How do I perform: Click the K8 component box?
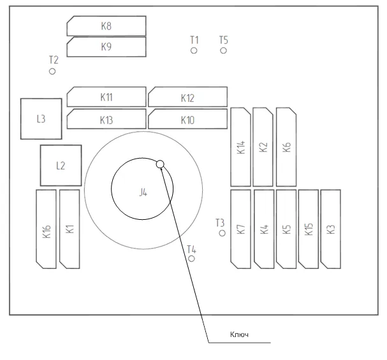pos(106,26)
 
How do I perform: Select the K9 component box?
pos(106,47)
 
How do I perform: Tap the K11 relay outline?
pos(106,97)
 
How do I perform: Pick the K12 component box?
pos(187,97)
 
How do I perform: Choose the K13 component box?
pos(106,119)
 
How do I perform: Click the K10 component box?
pos(187,119)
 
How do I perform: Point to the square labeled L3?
pos(41,119)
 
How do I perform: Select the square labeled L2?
pos(61,166)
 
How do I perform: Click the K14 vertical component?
pos(240,147)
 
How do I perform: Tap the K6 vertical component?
pos(286,147)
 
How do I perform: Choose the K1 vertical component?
pos(69,229)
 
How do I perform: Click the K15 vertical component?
pos(309,229)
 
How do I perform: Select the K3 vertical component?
pos(330,229)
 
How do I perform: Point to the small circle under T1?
pos(194,50)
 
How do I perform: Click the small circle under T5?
pos(223,50)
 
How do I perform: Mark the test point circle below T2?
pos(53,71)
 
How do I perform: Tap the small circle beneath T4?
pos(192,258)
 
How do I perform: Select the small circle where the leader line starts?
pos(161,164)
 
